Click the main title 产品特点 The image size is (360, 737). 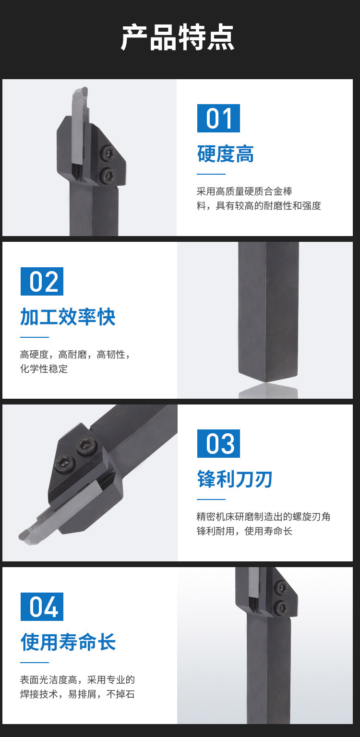point(178,37)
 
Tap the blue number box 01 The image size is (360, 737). point(218,118)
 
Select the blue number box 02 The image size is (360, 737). point(42,281)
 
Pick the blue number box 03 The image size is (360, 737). point(218,443)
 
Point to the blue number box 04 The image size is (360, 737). point(42,606)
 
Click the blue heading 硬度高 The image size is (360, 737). point(226,154)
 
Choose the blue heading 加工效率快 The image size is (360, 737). point(68,317)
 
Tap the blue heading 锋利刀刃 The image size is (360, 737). point(235,479)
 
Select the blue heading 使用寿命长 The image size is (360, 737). point(68,642)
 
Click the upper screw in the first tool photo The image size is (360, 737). point(108,152)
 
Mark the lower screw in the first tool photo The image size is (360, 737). point(108,174)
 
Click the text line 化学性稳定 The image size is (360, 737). point(44,369)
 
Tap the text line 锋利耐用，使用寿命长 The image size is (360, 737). point(244,531)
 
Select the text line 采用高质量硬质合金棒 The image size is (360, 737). point(244,191)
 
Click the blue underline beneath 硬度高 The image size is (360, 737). point(211,174)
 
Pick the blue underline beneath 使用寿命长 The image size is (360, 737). point(35,663)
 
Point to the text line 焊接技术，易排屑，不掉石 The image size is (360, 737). point(77,694)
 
